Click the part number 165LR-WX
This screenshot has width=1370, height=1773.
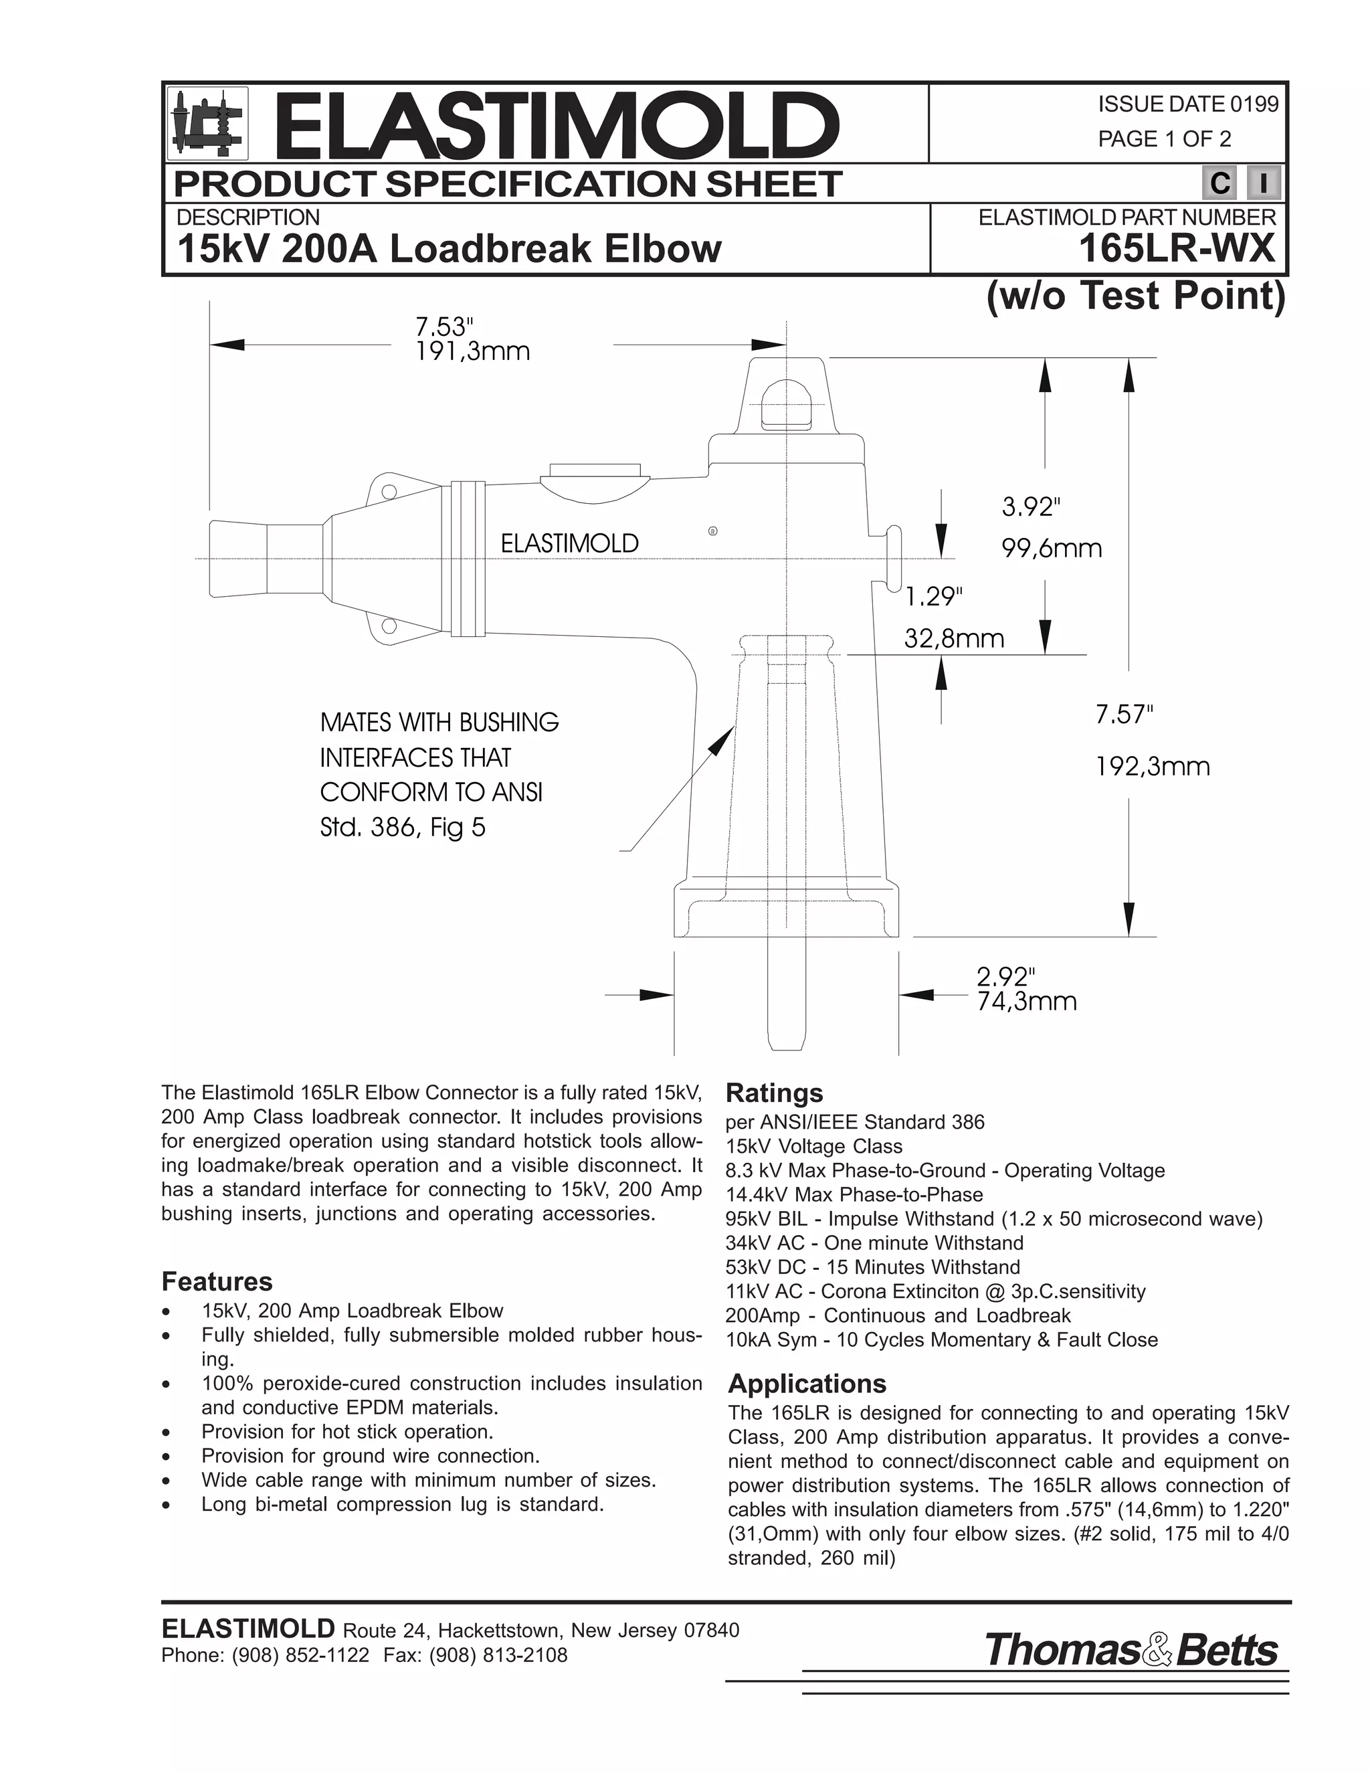tap(1177, 248)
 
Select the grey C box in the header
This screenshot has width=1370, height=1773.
tap(1219, 183)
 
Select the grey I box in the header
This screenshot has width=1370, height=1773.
tap(1264, 183)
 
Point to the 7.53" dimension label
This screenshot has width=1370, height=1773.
tap(443, 327)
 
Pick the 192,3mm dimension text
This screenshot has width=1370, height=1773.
tap(1153, 765)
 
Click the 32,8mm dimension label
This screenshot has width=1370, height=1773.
tap(955, 639)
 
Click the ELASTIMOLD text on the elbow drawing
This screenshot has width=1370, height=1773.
tap(570, 543)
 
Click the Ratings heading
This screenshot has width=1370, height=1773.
tap(774, 1093)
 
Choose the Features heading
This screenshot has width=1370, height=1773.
tap(217, 1282)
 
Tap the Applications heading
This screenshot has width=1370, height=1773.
tap(807, 1384)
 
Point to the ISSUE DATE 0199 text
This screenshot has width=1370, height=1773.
tap(1187, 104)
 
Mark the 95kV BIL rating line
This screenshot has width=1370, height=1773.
tap(994, 1218)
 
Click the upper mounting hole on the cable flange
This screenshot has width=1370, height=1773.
tap(389, 491)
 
